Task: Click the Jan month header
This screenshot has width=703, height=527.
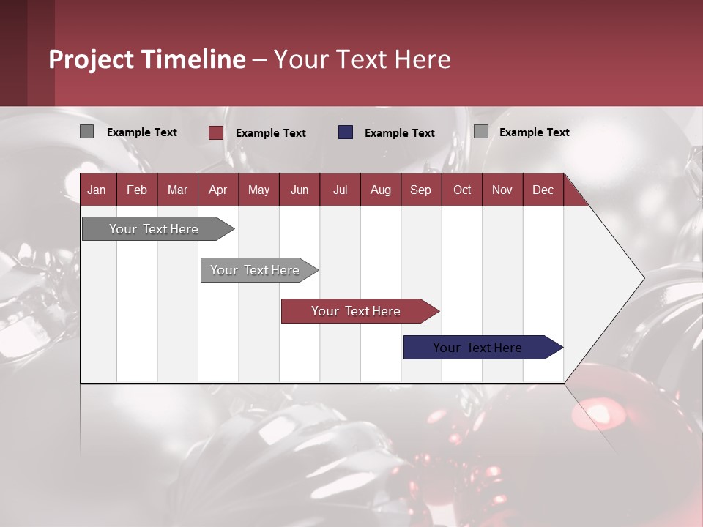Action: click(97, 190)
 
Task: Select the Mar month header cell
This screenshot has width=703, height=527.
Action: click(177, 190)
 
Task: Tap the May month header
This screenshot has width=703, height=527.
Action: click(258, 190)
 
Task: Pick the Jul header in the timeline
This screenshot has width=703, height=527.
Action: click(340, 190)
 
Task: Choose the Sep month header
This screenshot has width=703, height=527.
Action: click(420, 190)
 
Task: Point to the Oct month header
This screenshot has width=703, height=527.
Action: click(462, 190)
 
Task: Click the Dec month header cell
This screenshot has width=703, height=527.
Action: click(543, 190)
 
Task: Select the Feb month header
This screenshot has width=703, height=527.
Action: click(137, 190)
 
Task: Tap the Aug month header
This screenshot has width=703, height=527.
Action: click(380, 190)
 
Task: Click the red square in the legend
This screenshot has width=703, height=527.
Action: click(215, 132)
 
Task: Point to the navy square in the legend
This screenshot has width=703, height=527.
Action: click(346, 132)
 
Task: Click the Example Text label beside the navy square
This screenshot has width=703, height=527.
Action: click(399, 133)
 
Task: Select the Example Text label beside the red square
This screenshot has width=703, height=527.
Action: click(270, 133)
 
